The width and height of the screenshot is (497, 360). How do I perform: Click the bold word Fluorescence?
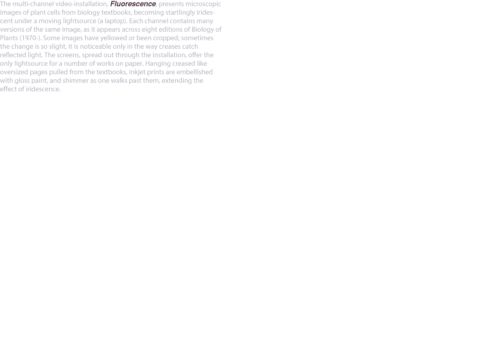pyautogui.click(x=133, y=4)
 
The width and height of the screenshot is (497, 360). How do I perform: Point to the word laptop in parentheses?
pyautogui.click(x=115, y=21)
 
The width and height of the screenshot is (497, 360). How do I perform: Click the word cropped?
pyautogui.click(x=166, y=38)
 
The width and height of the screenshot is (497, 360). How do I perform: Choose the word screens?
pyautogui.click(x=68, y=55)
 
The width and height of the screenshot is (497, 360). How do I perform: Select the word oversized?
pyautogui.click(x=14, y=72)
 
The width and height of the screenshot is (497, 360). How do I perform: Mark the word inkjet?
pyautogui.click(x=137, y=72)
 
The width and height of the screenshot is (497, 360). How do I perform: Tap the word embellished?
pyautogui.click(x=194, y=72)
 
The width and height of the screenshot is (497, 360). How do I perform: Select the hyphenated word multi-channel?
pyautogui.click(x=33, y=4)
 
